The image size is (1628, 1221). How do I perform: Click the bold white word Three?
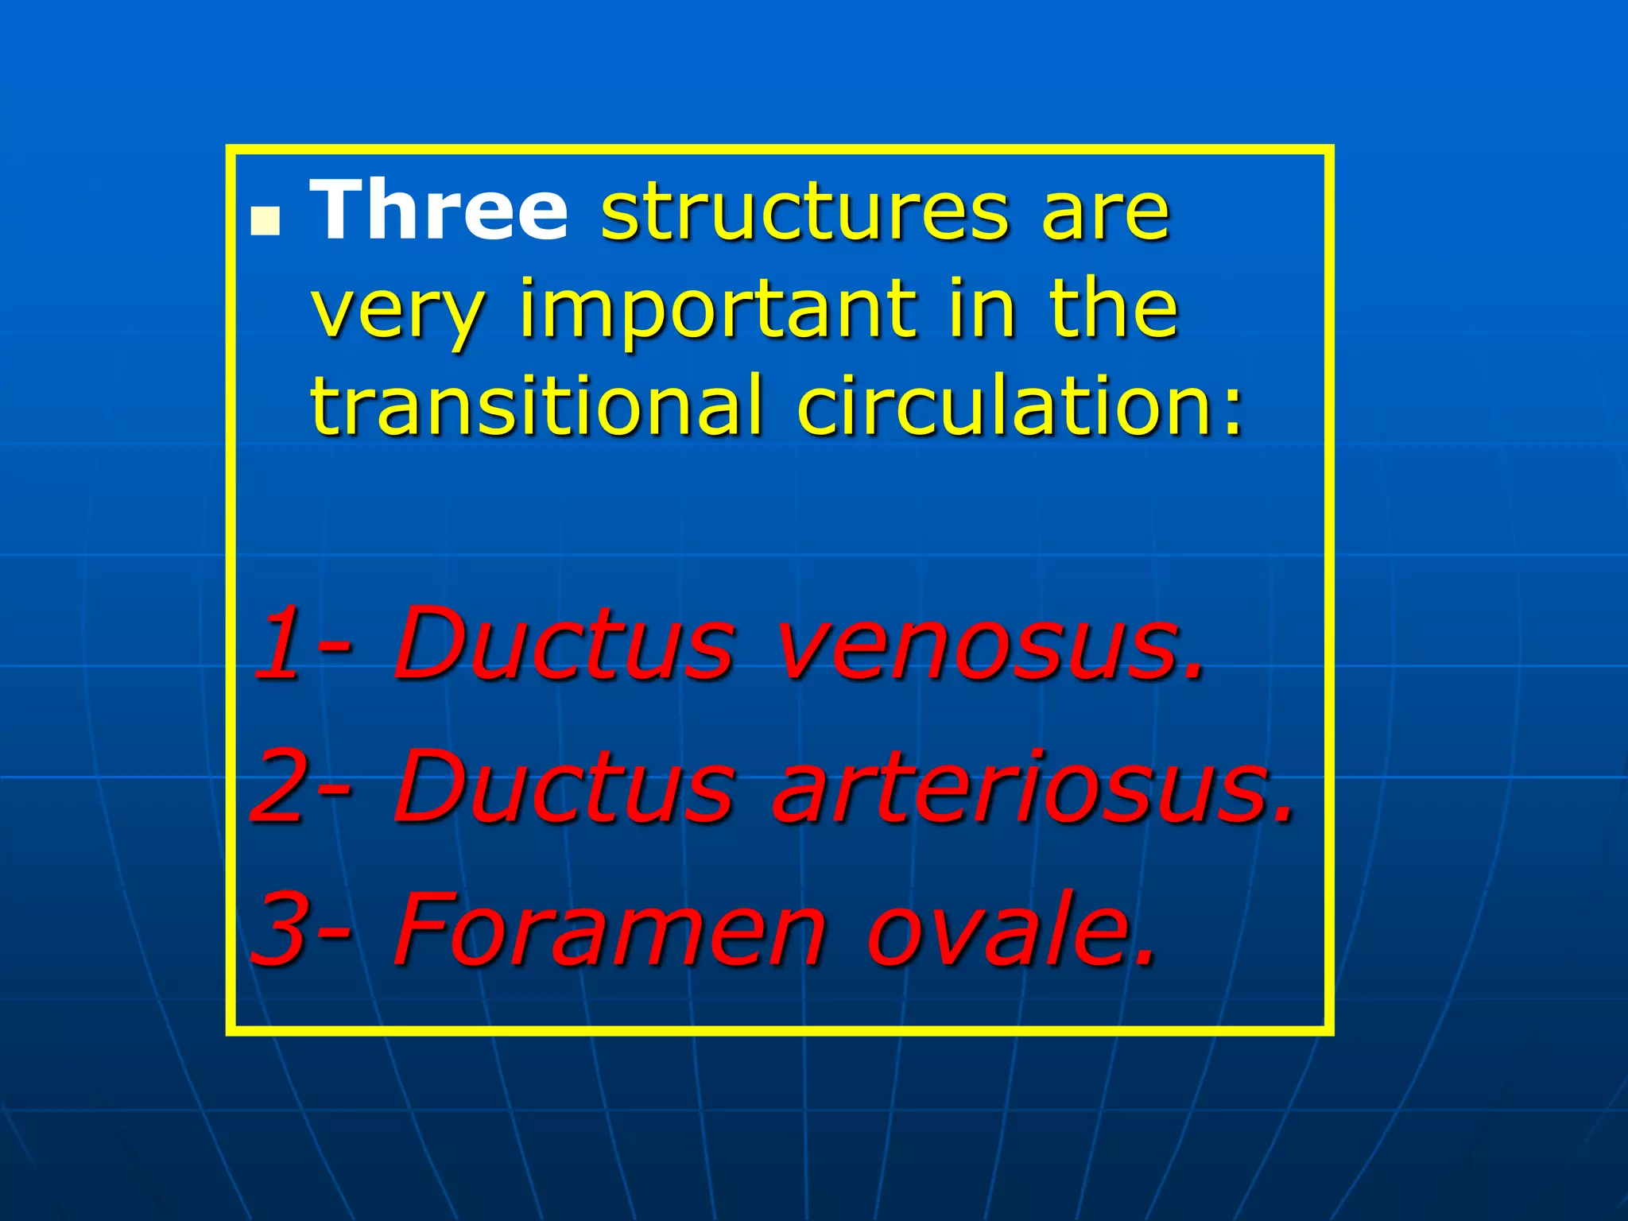pos(439,209)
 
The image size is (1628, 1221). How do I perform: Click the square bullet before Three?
pos(266,223)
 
